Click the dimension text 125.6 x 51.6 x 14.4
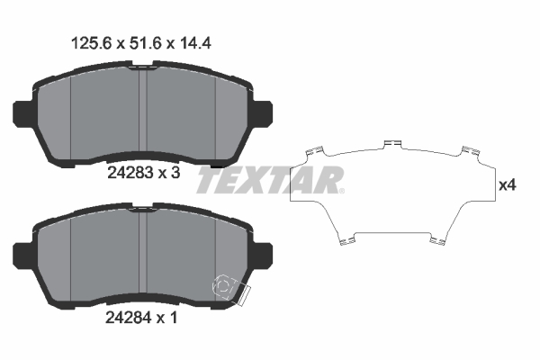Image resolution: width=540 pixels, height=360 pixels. point(142,41)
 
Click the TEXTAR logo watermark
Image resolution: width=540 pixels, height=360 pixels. point(270,180)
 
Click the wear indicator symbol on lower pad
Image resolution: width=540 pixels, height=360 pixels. point(225,286)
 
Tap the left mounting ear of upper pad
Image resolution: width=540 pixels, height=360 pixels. point(22,114)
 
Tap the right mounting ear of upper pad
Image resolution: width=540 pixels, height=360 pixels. point(265,114)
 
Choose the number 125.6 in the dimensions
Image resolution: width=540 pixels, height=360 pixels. point(89,41)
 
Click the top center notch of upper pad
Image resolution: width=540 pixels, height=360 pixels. point(144,66)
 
